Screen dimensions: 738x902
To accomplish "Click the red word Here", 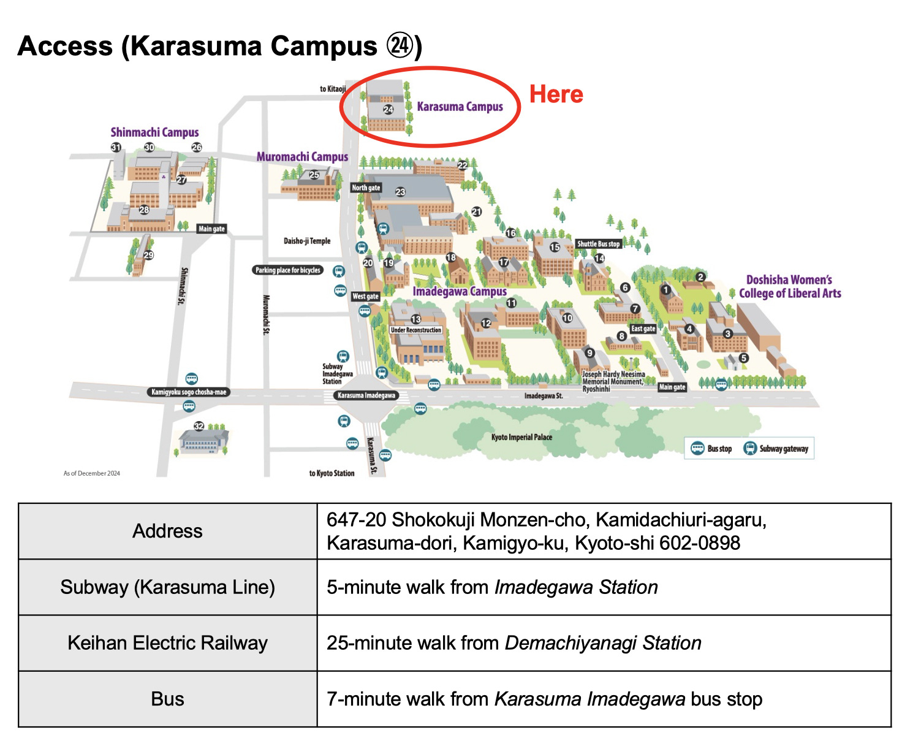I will click(x=556, y=94).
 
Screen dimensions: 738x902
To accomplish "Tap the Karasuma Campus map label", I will click(x=460, y=107).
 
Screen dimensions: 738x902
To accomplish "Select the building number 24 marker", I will click(x=388, y=110).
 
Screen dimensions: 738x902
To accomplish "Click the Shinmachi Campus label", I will click(x=154, y=132).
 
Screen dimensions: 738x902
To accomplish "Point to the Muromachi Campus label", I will click(x=302, y=157).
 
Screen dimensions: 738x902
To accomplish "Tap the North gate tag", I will click(x=366, y=188).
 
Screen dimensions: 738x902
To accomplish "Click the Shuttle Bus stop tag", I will click(x=598, y=244).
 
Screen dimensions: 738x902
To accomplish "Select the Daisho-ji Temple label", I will click(x=307, y=241).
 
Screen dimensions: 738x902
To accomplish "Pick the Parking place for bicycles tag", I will click(x=288, y=270).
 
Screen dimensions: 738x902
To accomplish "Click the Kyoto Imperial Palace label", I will click(x=521, y=437).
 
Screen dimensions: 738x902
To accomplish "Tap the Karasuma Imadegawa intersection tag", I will click(x=366, y=395).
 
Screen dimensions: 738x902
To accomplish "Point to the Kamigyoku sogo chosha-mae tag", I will click(x=189, y=392).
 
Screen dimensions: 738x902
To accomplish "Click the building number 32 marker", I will click(x=199, y=426).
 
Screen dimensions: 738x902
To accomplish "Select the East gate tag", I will click(x=643, y=329).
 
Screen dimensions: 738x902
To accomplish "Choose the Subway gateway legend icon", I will click(x=750, y=448).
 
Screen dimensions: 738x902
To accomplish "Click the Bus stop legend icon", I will click(x=697, y=448).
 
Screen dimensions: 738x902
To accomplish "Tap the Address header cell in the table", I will click(x=167, y=531).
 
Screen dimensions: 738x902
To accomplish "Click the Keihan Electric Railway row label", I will click(x=167, y=643).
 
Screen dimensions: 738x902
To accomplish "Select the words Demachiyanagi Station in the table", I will click(x=603, y=643).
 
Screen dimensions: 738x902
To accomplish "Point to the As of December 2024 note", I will click(x=92, y=473).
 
